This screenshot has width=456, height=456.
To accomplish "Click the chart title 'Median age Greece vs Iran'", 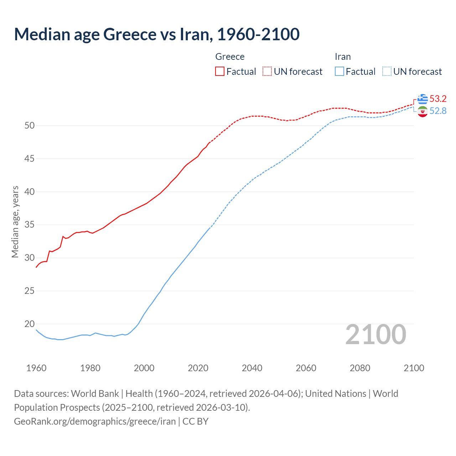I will point(157,34).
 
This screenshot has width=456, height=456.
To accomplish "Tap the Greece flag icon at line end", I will point(423,99).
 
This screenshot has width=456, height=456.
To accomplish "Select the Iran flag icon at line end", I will point(423,112).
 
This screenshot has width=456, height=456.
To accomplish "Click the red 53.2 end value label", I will point(438,99).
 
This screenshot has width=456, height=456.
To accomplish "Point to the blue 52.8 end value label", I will point(438,111).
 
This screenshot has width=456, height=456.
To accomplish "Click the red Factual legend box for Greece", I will point(220,72).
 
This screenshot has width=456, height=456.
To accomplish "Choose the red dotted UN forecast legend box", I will point(267,72).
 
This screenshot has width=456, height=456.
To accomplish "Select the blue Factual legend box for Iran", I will point(340,72).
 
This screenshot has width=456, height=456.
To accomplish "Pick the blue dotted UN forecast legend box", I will point(387,72).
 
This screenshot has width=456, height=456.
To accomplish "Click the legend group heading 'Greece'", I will point(230,57).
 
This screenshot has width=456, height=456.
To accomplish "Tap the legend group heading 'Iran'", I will point(343,57).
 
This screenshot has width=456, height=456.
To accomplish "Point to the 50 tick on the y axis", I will point(30,125).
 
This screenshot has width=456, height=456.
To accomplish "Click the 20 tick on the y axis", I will point(30,324).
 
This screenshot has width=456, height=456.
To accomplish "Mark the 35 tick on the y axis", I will point(30,225).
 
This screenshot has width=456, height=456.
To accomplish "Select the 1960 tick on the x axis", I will point(36,368).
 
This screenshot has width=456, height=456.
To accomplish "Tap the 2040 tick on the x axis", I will point(252,368).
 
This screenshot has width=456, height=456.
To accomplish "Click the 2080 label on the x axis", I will point(360,368).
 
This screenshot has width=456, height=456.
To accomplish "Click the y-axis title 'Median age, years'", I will point(15,222).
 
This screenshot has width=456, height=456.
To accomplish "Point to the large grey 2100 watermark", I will point(375,334).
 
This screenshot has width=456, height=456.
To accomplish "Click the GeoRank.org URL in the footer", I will point(95,421).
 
